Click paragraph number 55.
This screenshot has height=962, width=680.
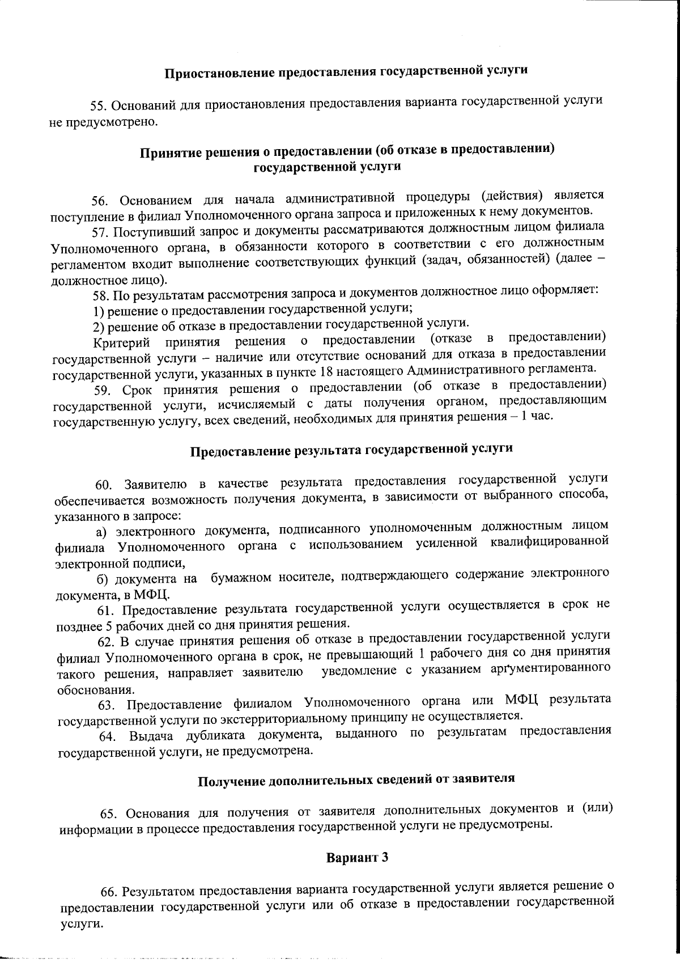coord(99,105)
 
